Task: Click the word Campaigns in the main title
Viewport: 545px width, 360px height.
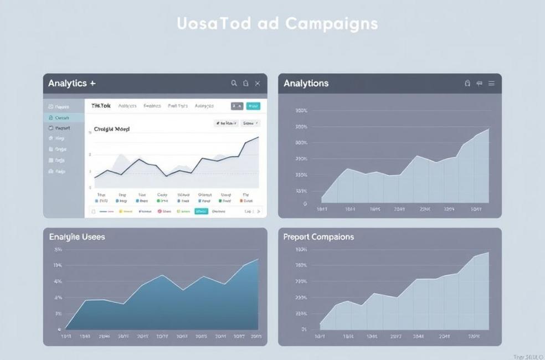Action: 332,24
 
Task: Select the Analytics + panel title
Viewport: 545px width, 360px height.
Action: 71,84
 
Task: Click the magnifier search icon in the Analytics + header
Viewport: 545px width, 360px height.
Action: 234,84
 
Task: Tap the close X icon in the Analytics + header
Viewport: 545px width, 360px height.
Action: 258,84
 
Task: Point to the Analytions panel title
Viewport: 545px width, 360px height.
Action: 306,84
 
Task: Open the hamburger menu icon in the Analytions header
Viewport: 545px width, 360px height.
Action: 491,84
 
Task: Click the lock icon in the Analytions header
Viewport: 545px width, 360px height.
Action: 467,84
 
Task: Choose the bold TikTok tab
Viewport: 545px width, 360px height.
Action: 101,106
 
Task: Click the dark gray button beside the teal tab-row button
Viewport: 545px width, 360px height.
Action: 237,106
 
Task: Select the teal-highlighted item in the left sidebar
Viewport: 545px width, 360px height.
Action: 64,117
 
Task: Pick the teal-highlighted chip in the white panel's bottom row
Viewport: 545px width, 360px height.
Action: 201,211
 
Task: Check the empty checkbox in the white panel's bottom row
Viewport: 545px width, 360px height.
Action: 93,211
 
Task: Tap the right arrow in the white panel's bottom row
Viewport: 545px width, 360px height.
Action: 259,211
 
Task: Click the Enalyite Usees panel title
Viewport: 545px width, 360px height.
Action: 76,237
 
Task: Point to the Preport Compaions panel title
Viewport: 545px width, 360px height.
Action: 318,237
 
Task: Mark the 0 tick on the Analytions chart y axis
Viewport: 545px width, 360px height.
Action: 305,204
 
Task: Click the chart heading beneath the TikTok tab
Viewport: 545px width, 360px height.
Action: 111,129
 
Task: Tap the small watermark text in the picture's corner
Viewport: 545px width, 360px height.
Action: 528,357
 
